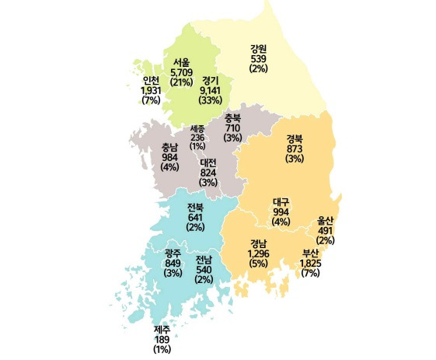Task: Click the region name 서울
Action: pos(181,61)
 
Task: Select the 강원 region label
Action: pos(259,48)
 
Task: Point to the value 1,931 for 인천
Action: pos(150,90)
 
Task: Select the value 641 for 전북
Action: pos(195,217)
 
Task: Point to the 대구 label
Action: pos(281,202)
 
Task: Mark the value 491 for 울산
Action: pos(326,230)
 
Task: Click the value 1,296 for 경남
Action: pos(259,253)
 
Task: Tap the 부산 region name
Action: pos(310,254)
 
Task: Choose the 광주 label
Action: pos(173,253)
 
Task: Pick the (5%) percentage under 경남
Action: pos(259,263)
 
